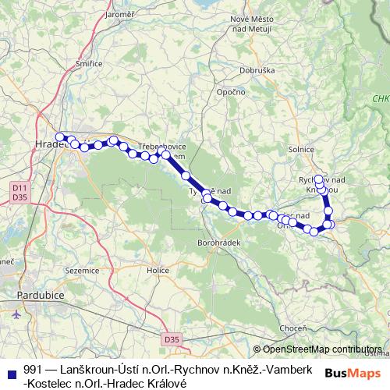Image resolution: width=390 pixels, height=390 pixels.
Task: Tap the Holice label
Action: [158, 270]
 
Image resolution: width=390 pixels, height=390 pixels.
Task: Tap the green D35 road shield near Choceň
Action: [172, 339]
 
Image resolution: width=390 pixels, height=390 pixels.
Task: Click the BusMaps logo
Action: [353, 373]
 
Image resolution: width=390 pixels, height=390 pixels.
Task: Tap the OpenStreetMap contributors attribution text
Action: [322, 349]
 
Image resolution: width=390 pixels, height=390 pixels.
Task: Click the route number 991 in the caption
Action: [32, 367]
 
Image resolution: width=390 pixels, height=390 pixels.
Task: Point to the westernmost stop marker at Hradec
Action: [59, 137]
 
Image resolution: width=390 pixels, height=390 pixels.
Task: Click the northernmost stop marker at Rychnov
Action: [318, 179]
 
